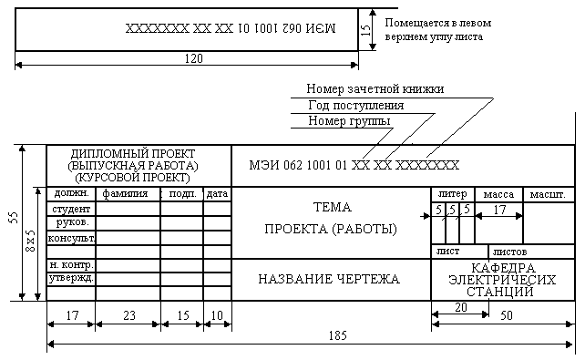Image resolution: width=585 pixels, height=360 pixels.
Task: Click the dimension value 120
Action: pyautogui.click(x=193, y=58)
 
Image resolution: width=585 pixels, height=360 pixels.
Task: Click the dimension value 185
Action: pyautogui.click(x=338, y=335)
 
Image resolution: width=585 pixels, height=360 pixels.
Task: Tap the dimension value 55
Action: pyautogui.click(x=14, y=218)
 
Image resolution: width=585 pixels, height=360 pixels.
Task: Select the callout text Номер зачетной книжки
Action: pyautogui.click(x=375, y=88)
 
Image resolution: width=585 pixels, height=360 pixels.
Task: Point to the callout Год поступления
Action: pyautogui.click(x=356, y=106)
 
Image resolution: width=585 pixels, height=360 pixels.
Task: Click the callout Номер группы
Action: pyautogui.click(x=349, y=121)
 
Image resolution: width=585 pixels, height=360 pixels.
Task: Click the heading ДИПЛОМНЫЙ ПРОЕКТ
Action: pyautogui.click(x=133, y=154)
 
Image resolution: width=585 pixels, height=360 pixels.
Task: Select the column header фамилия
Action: pyautogui.click(x=125, y=194)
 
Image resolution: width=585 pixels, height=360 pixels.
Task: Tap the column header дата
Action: pyautogui.click(x=217, y=194)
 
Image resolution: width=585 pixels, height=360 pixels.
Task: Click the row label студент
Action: pyautogui.click(x=71, y=209)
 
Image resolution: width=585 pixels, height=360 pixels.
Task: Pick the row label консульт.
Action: pyautogui.click(x=71, y=238)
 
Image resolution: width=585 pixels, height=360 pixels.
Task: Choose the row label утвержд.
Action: pyautogui.click(x=71, y=278)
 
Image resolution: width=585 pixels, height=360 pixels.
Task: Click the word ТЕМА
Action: pyautogui.click(x=332, y=207)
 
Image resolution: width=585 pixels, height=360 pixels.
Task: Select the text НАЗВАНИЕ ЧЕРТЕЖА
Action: pyautogui.click(x=329, y=279)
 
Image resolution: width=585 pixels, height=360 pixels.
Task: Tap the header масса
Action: pyautogui.click(x=498, y=194)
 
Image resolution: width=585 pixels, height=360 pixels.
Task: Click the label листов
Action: pyautogui.click(x=509, y=252)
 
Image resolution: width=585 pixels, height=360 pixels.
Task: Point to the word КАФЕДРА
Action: pyautogui.click(x=503, y=268)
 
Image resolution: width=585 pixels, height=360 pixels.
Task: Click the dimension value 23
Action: pyautogui.click(x=129, y=315)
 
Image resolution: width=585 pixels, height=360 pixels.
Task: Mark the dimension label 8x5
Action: pyautogui.click(x=30, y=241)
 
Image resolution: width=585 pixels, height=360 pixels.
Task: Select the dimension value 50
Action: pyautogui.click(x=507, y=315)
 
